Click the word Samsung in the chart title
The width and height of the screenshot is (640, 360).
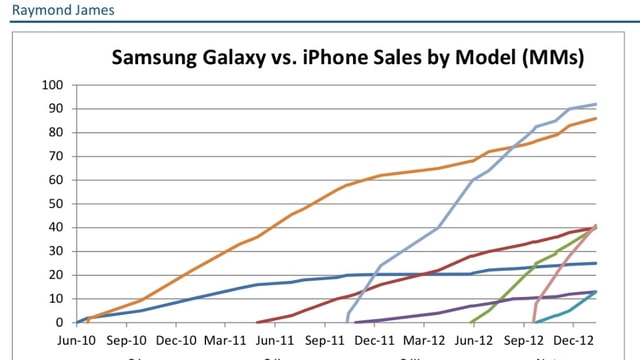click(161, 58)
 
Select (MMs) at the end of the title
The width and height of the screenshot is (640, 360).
click(551, 58)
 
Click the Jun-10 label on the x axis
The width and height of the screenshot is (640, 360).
click(77, 339)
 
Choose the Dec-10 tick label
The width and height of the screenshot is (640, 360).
click(176, 339)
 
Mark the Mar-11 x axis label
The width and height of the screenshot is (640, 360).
click(225, 339)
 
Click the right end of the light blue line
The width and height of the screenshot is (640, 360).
click(597, 104)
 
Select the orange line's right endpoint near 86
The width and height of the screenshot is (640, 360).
click(597, 118)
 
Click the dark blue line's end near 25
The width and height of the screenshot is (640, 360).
click(597, 263)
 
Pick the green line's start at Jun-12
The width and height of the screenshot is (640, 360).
click(471, 322)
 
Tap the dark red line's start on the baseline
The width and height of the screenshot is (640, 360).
click(258, 322)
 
